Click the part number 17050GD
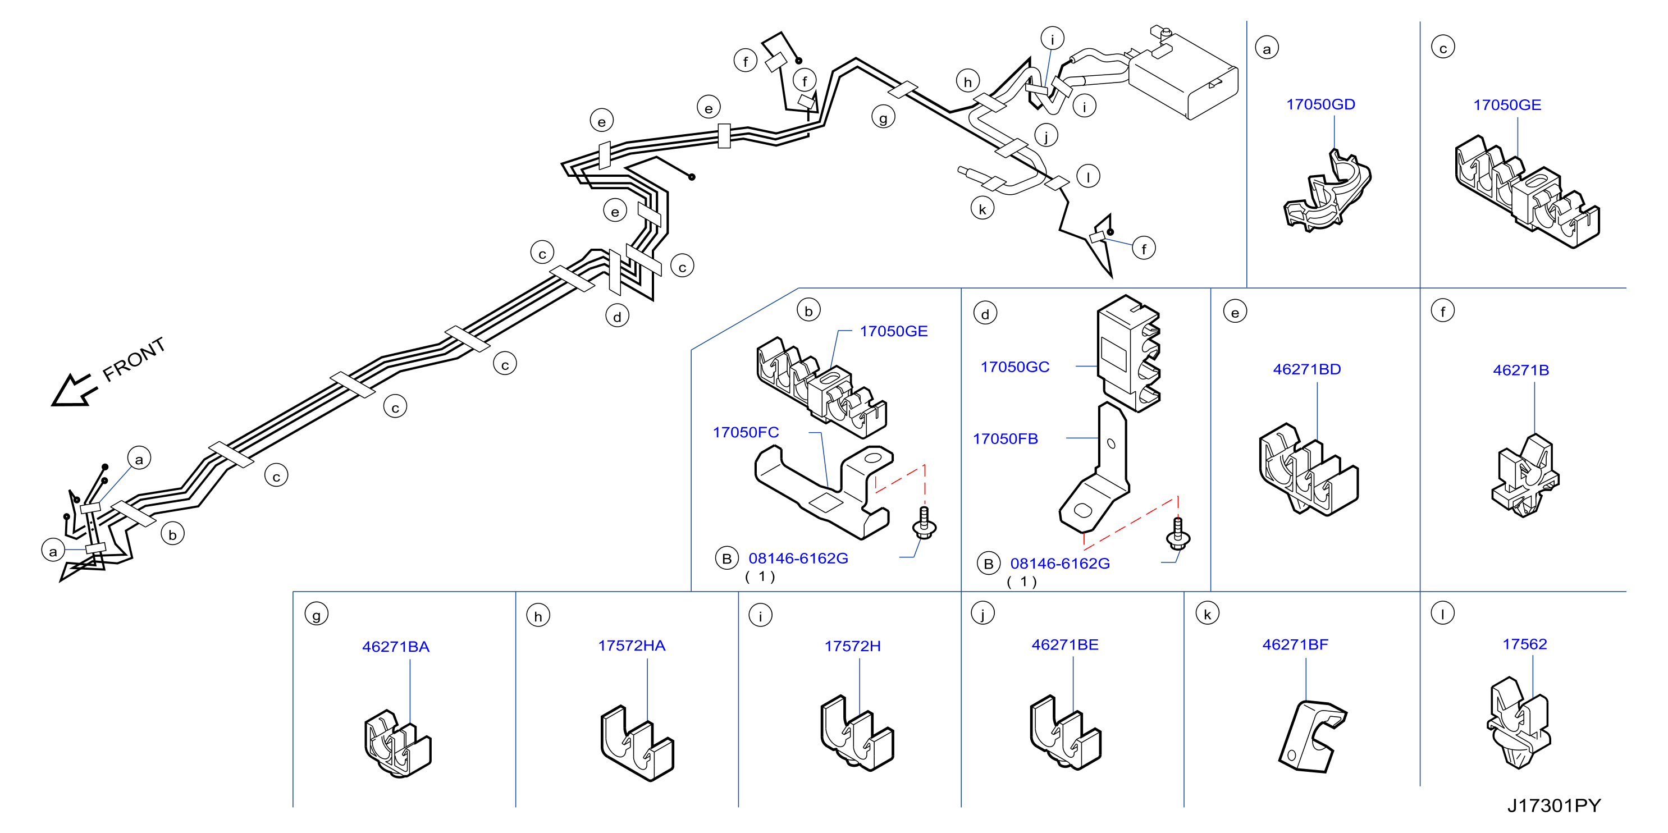pyautogui.click(x=1320, y=104)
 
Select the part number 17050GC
pyautogui.click(x=1014, y=367)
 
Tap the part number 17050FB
pyautogui.click(x=1005, y=439)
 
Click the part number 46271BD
pyautogui.click(x=1306, y=369)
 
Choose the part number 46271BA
pyautogui.click(x=396, y=647)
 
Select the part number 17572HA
pyautogui.click(x=632, y=646)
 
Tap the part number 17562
pyautogui.click(x=1525, y=644)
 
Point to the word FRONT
pyautogui.click(x=134, y=359)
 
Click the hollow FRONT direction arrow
pyautogui.click(x=73, y=390)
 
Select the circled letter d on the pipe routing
pyautogui.click(x=617, y=317)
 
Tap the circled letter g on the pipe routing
pyautogui.click(x=883, y=118)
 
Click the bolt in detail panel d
pyautogui.click(x=1178, y=533)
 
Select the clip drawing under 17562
pyautogui.click(x=1519, y=723)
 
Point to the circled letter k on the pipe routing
pyautogui.click(x=982, y=209)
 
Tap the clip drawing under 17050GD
pyautogui.click(x=1327, y=190)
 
